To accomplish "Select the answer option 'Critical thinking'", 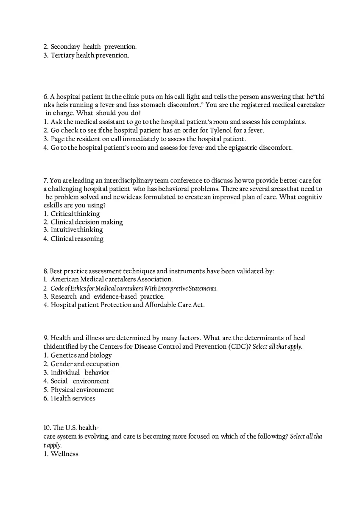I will click(x=75, y=214).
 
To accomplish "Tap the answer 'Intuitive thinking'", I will click(x=77, y=230).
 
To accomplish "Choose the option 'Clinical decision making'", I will click(x=87, y=222).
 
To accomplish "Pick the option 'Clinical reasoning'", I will click(x=77, y=239).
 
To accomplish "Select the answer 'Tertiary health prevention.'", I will click(x=89, y=56).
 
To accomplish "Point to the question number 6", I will click(x=46, y=97).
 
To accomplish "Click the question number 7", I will click(x=46, y=181).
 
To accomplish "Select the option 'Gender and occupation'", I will click(x=85, y=364).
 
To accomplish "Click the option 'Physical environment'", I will click(x=82, y=390).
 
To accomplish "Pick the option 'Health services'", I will click(x=73, y=398).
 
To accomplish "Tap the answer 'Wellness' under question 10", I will click(x=64, y=454).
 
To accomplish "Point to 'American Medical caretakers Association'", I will click(x=112, y=280).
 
